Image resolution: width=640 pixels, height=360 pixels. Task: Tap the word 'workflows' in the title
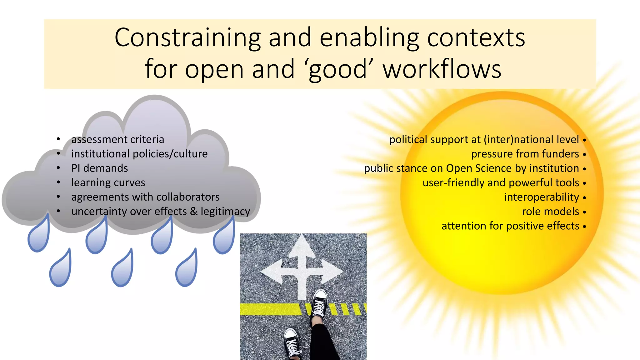pyautogui.click(x=442, y=69)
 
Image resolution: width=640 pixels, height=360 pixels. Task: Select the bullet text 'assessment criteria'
pyautogui.click(x=117, y=139)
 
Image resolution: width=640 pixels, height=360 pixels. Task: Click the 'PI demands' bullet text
pyautogui.click(x=99, y=168)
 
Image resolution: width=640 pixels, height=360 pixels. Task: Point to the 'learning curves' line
pyautogui.click(x=108, y=182)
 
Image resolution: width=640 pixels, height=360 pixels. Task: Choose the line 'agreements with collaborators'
pyautogui.click(x=145, y=197)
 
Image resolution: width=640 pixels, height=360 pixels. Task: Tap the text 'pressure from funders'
pyautogui.click(x=525, y=154)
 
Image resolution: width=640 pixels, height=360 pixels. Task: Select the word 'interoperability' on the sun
pyautogui.click(x=542, y=197)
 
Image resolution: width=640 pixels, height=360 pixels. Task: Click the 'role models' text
pyautogui.click(x=551, y=212)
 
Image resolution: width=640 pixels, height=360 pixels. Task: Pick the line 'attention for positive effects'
pyautogui.click(x=510, y=226)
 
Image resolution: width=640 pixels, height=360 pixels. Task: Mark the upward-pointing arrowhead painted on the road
pyautogui.click(x=302, y=247)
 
